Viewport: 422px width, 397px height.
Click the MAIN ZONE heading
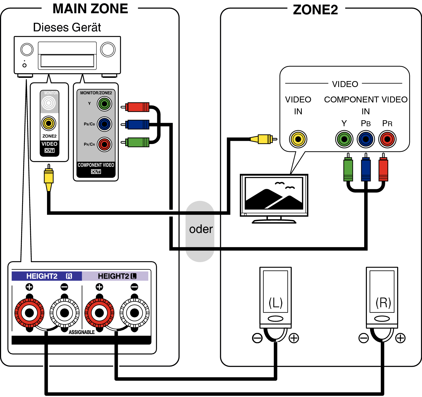click(x=90, y=9)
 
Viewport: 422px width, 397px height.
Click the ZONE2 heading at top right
click(x=315, y=10)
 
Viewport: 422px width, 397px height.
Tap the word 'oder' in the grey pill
click(x=201, y=229)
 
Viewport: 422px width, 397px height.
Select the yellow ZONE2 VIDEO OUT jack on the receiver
click(x=49, y=124)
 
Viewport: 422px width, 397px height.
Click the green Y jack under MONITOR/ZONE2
click(x=104, y=104)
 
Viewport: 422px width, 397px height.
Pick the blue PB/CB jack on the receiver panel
click(x=104, y=124)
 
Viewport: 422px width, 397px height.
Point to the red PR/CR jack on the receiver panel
click(x=104, y=145)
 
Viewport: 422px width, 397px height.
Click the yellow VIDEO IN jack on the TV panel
click(x=298, y=139)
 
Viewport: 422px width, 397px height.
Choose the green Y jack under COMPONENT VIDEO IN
click(x=344, y=139)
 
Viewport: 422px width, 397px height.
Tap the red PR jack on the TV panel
click(x=387, y=139)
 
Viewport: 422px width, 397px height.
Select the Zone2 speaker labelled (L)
click(x=275, y=297)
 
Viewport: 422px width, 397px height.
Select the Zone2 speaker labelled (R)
click(x=382, y=297)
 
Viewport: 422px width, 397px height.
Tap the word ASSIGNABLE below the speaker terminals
click(x=82, y=332)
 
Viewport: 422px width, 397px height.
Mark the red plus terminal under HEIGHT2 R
click(x=29, y=313)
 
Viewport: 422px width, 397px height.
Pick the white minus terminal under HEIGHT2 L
click(x=134, y=313)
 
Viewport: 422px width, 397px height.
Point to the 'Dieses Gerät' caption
click(x=67, y=28)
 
